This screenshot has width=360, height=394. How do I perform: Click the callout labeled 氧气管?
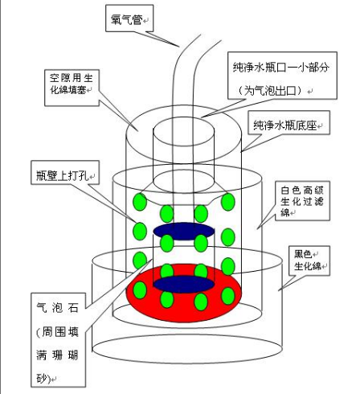[129, 18]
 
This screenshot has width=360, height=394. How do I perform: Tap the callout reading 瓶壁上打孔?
[65, 172]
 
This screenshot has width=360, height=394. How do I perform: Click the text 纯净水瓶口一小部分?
[281, 68]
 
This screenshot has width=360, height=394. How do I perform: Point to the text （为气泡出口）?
[270, 90]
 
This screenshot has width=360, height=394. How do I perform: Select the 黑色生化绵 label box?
[309, 261]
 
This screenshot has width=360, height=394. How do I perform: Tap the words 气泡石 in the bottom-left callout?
[57, 308]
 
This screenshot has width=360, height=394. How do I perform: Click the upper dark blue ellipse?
[184, 231]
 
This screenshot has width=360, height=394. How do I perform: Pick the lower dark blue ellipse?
[184, 285]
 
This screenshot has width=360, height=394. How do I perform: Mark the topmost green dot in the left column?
[140, 202]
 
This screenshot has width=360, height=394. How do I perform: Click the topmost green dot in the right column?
[228, 202]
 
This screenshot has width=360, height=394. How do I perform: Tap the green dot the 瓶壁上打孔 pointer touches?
[140, 231]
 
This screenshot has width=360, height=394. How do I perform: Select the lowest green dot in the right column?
[228, 296]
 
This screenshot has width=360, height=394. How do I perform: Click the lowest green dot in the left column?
[140, 290]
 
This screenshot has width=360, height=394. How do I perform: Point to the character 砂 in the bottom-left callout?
[42, 379]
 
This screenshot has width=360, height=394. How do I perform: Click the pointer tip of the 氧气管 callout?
[179, 47]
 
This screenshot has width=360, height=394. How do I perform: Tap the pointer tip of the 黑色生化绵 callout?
[279, 290]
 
